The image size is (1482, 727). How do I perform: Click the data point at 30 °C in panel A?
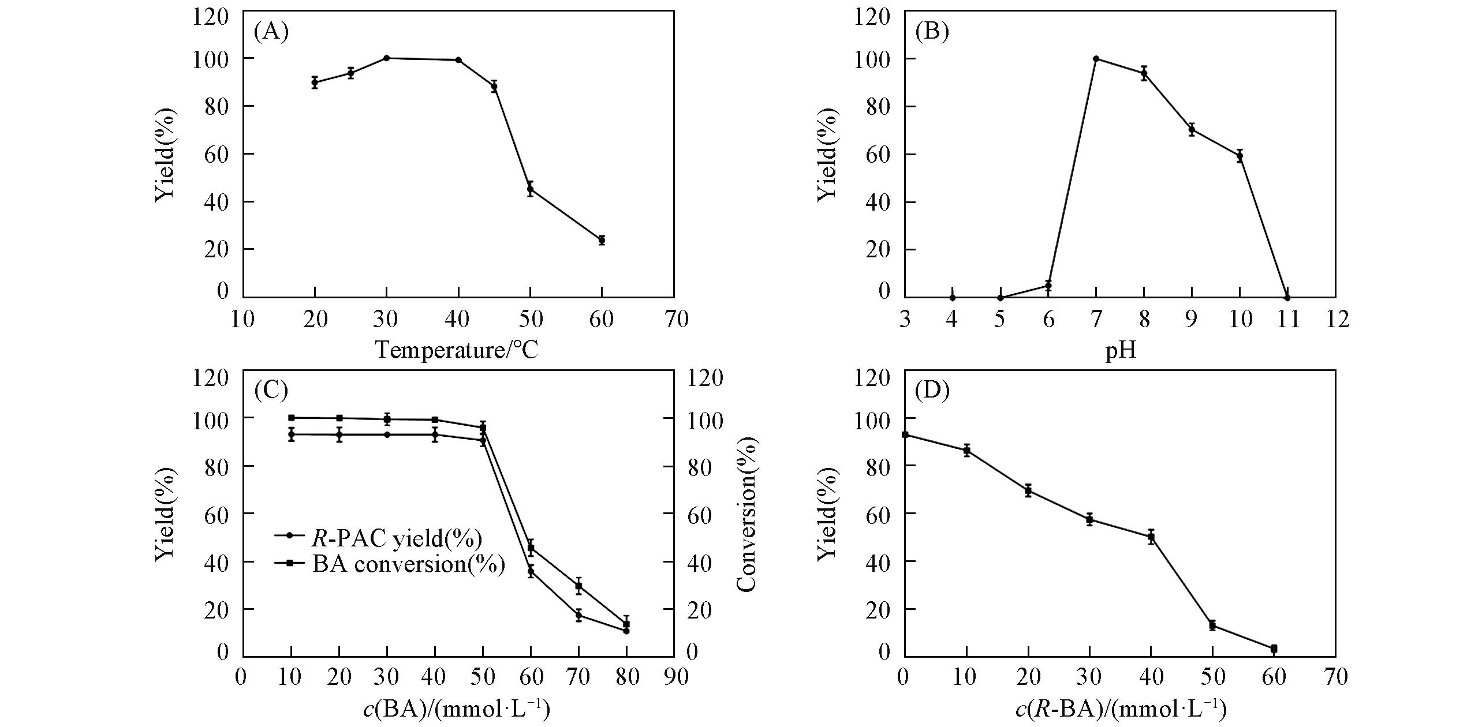pos(386,58)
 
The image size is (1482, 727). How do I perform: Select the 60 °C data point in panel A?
pos(602,240)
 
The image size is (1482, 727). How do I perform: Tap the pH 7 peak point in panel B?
pos(1096,59)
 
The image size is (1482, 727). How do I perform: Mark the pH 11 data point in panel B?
pos(1287,298)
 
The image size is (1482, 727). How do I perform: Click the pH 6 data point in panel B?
pos(1048,286)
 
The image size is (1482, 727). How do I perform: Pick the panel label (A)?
pos(271,32)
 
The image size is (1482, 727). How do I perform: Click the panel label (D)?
pos(932,391)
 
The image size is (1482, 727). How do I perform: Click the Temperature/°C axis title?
pos(457,350)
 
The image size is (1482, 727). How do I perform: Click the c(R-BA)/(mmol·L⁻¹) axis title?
pos(1120,709)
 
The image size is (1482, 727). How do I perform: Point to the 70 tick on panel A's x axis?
pos(674,318)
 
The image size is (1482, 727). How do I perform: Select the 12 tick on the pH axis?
pos(1335,318)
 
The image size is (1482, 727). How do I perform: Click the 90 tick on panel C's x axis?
pos(674,677)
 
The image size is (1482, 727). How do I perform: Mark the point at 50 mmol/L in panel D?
pos(1212,625)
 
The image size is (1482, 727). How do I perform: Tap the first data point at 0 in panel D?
pos(905,434)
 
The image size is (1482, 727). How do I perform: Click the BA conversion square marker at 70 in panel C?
pos(578,586)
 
